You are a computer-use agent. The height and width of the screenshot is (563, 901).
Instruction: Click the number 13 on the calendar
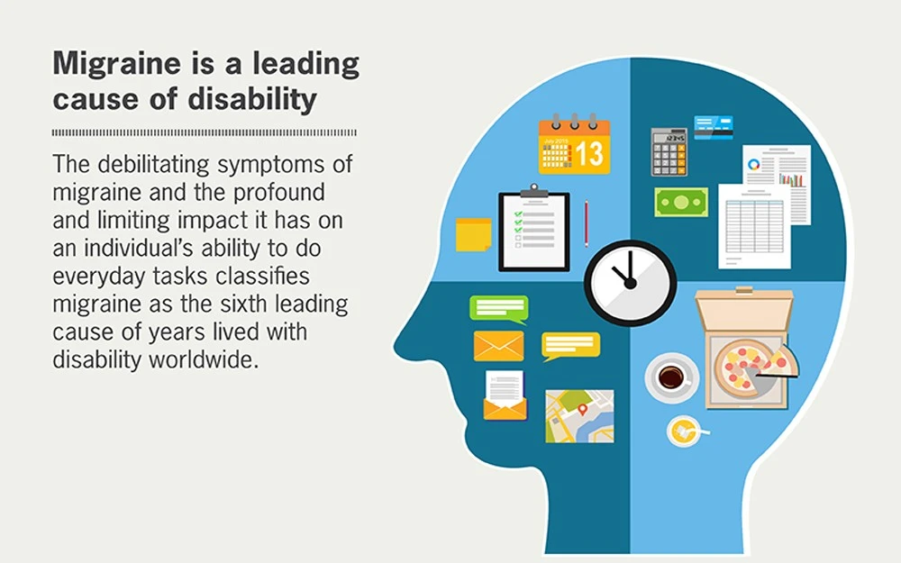pyautogui.click(x=589, y=153)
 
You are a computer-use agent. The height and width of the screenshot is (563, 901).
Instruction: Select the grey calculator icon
pyautogui.click(x=669, y=151)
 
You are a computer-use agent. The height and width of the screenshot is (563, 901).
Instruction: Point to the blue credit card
pyautogui.click(x=713, y=127)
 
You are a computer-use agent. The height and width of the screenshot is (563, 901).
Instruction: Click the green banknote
pyautogui.click(x=681, y=202)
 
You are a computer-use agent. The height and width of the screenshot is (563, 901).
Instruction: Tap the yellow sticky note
pyautogui.click(x=474, y=234)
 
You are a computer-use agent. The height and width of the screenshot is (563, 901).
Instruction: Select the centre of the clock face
pyautogui.click(x=629, y=283)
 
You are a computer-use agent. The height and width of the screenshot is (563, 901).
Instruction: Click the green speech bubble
pyautogui.click(x=498, y=308)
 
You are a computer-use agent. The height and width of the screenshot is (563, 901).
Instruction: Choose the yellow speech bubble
pyautogui.click(x=570, y=345)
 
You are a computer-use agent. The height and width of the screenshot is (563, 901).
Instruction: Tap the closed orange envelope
pyautogui.click(x=498, y=346)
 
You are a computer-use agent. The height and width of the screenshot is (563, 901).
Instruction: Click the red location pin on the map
pyautogui.click(x=582, y=410)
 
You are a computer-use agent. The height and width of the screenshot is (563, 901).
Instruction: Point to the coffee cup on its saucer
pyautogui.click(x=670, y=376)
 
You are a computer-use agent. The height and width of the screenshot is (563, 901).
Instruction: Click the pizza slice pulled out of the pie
pyautogui.click(x=777, y=361)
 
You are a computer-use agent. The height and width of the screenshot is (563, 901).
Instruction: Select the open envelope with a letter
pyautogui.click(x=505, y=396)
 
